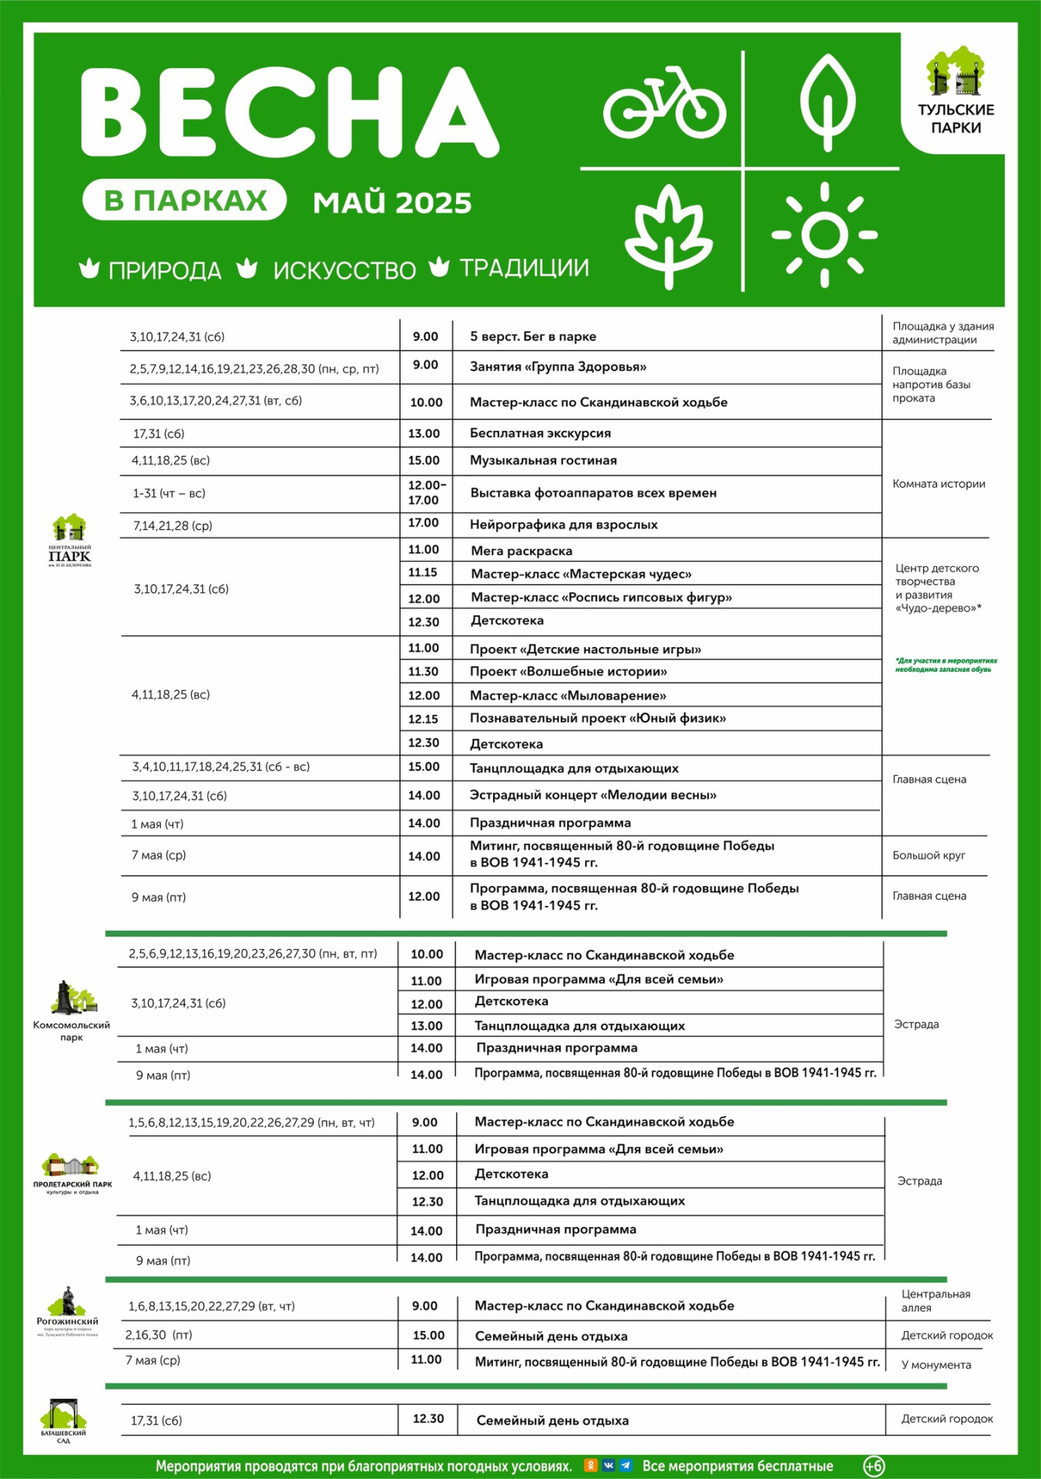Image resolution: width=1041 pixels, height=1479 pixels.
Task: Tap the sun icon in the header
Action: (x=824, y=234)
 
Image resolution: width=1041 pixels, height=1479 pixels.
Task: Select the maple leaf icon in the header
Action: (x=668, y=234)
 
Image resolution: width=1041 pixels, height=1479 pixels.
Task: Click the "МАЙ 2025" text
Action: (x=392, y=203)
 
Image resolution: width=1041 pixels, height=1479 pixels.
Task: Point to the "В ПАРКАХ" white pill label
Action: (x=185, y=200)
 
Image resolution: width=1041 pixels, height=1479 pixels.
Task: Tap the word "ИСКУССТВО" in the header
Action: (x=344, y=270)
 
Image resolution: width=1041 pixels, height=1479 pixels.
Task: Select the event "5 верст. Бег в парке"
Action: (x=533, y=337)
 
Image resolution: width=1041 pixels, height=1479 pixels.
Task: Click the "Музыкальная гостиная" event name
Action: (x=543, y=461)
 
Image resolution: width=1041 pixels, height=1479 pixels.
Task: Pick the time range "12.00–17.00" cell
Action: (x=425, y=493)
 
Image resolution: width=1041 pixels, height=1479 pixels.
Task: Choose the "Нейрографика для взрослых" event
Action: (x=564, y=525)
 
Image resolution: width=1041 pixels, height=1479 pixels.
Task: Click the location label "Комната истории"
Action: (x=939, y=484)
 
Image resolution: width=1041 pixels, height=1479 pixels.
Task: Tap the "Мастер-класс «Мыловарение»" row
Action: (x=568, y=696)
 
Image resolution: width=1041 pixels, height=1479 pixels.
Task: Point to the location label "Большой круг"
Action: (x=929, y=855)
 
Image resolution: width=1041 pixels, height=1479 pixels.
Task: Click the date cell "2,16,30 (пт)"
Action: (x=159, y=1335)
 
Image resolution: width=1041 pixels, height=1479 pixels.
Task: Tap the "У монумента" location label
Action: (x=936, y=1364)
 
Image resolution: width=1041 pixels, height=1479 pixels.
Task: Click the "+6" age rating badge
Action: (x=873, y=1466)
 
